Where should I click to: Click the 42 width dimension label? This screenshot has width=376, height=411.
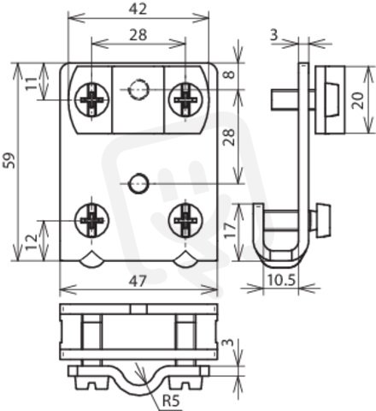(138, 9)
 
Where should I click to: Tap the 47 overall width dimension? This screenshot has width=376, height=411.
(138, 281)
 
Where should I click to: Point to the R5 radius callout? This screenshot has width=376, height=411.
(171, 401)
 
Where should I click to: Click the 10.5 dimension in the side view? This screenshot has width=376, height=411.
(281, 280)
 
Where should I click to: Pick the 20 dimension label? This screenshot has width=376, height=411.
(358, 100)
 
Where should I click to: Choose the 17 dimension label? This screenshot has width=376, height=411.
(230, 230)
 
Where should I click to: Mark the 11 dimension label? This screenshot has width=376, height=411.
(32, 84)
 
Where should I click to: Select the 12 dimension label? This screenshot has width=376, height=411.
(32, 242)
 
